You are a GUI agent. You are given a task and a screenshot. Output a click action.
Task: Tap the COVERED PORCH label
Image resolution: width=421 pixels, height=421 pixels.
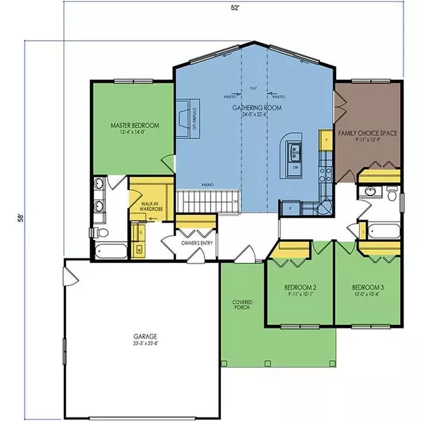[243, 307]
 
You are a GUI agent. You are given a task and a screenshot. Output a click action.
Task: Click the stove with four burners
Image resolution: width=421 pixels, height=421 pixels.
[324, 171]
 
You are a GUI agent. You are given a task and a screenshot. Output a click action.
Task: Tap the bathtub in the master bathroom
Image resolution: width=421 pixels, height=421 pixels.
[109, 250]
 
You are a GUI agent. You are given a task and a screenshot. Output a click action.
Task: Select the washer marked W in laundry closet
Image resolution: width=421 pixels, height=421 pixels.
[140, 248]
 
